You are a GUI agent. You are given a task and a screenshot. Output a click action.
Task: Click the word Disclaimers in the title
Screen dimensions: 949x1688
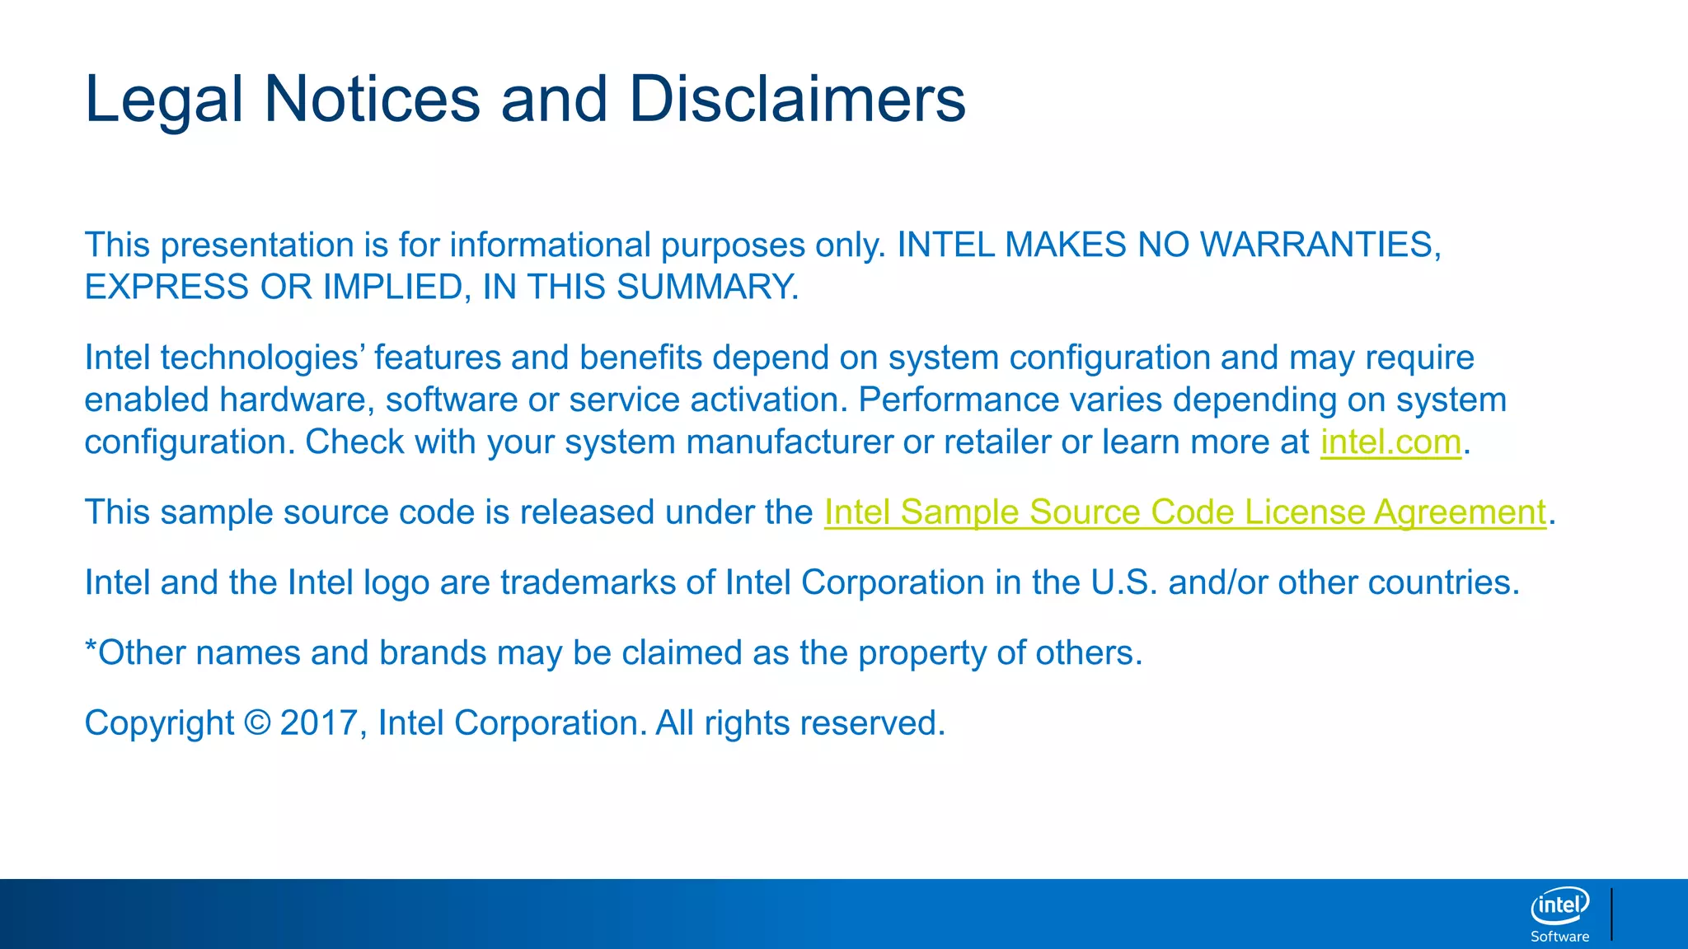(x=796, y=100)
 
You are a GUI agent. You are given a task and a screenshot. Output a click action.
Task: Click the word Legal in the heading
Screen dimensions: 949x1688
(x=164, y=100)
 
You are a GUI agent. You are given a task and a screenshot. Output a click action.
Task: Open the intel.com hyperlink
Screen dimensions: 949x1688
(x=1390, y=442)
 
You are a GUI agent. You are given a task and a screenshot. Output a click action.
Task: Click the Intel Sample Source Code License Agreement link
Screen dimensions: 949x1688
(x=1184, y=512)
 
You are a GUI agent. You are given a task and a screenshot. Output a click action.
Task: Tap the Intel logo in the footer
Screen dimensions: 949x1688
(x=1559, y=906)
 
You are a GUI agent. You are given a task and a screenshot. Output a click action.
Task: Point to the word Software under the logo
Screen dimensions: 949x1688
(x=1559, y=937)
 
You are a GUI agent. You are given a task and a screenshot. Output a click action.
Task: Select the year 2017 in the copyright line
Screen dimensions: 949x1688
(x=317, y=723)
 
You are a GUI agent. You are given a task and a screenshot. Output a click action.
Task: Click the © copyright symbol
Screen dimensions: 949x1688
(x=257, y=723)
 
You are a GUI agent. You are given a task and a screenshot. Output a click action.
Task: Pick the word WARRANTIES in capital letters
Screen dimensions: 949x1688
(x=1320, y=245)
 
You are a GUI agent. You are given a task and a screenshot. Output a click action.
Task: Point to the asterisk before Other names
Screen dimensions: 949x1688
(x=91, y=647)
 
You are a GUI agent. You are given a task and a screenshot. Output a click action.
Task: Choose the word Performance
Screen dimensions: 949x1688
(x=959, y=400)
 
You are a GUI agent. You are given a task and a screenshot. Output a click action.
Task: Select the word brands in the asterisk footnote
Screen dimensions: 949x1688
(x=433, y=653)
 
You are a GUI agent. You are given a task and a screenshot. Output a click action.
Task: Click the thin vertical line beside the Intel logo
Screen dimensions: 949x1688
(x=1611, y=914)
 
